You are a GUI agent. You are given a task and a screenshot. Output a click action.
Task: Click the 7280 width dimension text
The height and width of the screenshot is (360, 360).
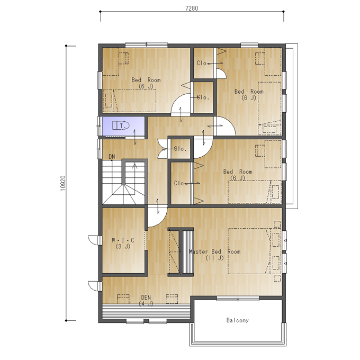[x=192, y=8]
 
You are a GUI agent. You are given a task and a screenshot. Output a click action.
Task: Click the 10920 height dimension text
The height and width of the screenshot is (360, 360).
[x=63, y=183]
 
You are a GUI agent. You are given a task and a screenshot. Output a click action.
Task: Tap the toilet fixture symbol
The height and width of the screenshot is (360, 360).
[x=121, y=125]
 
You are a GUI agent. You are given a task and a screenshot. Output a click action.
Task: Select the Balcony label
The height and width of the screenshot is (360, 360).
[x=237, y=320]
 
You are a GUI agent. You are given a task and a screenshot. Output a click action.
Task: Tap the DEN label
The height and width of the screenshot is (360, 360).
[x=146, y=298]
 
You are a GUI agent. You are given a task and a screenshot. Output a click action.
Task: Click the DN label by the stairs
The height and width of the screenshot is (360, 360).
[x=112, y=157]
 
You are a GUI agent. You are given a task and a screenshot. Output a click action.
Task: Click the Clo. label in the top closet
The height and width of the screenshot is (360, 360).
[x=202, y=63]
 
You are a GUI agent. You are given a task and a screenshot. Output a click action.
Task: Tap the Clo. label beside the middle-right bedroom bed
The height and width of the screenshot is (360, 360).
[x=180, y=183]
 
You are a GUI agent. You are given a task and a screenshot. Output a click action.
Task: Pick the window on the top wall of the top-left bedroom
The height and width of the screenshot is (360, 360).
[x=146, y=45]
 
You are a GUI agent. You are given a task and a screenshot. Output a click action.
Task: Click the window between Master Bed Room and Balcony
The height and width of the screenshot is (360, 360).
[x=238, y=299]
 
